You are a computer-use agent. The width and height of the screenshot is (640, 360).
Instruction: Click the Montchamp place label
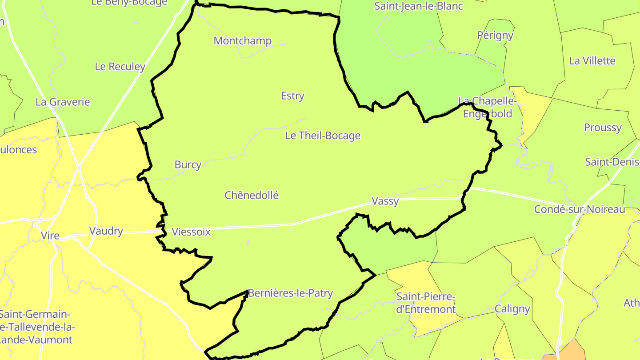[242, 41]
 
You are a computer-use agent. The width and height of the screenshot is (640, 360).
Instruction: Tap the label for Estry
[292, 96]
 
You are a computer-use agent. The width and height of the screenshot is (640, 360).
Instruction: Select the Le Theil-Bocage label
[323, 136]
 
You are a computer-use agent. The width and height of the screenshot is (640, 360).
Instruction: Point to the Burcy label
[188, 164]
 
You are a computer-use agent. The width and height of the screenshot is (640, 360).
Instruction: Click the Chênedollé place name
[252, 195]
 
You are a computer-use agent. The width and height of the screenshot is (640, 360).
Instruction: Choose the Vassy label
[385, 201]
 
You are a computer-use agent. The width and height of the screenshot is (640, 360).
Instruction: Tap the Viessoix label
[191, 232]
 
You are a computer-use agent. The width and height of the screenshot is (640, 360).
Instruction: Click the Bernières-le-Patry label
[290, 293]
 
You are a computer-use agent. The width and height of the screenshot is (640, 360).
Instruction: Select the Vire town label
[50, 236]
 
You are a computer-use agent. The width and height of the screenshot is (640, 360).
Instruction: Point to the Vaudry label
[106, 231]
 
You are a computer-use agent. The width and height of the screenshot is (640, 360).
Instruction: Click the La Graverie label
[63, 102]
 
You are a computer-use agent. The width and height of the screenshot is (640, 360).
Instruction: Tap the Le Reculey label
[120, 67]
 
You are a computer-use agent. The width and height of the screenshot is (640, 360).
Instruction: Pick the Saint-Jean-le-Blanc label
[418, 6]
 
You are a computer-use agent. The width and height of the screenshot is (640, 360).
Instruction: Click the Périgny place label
[495, 35]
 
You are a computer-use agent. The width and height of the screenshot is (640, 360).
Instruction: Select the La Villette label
[592, 61]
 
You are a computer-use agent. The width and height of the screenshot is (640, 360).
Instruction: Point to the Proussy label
[603, 128]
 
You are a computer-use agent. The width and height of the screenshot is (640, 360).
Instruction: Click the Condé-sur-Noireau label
[580, 209]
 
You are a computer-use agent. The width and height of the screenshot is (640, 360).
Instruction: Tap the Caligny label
[512, 308]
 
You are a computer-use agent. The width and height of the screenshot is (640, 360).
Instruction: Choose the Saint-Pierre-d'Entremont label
[426, 303]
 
